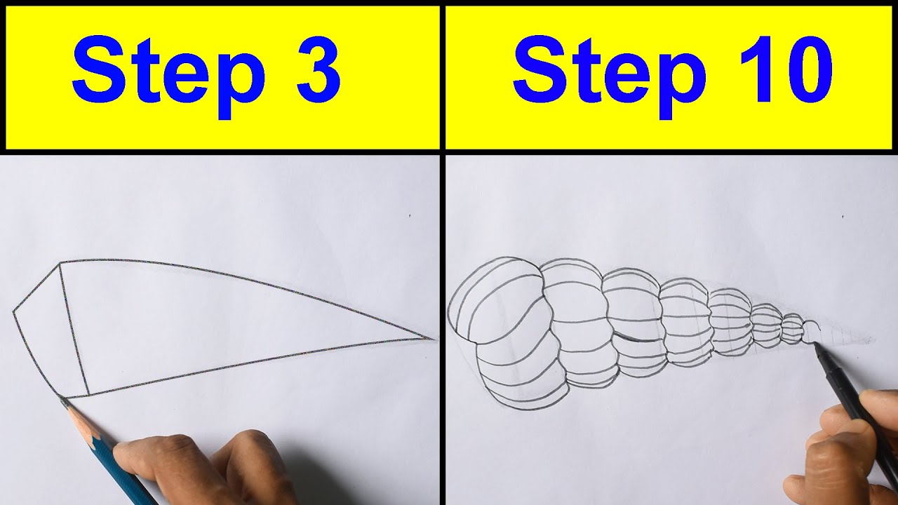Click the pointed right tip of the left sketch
click(434, 339)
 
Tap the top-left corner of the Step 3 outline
click(60, 264)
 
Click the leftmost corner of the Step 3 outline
click(13, 310)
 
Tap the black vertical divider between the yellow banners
click(442, 77)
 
